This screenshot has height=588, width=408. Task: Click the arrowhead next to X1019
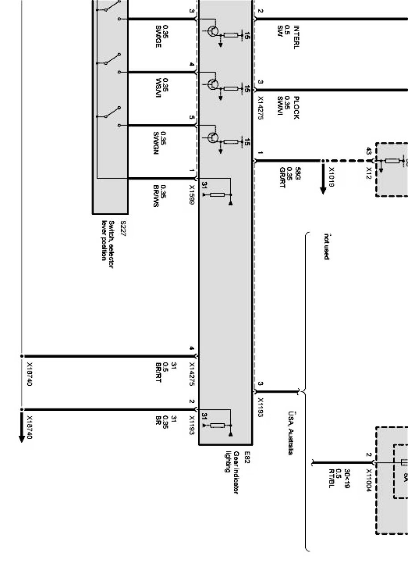coord(323,190)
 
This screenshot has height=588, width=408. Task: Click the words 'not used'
coord(327,246)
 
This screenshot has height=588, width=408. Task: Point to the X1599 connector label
coord(192,195)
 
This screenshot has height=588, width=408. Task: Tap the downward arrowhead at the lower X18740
coord(21,438)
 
